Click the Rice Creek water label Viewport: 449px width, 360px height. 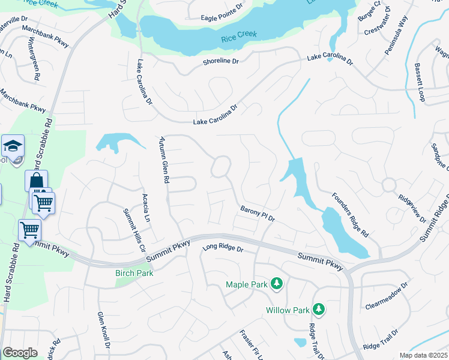[239, 36]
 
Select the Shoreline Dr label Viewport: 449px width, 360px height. [221, 61]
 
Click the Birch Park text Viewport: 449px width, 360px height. [134, 273]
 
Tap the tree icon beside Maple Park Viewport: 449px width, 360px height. [276, 283]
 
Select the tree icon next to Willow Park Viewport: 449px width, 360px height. [319, 310]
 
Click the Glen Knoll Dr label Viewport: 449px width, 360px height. [103, 330]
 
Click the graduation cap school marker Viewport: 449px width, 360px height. [12, 146]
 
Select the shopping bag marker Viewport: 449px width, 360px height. [36, 181]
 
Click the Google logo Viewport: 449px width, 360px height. [20, 352]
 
